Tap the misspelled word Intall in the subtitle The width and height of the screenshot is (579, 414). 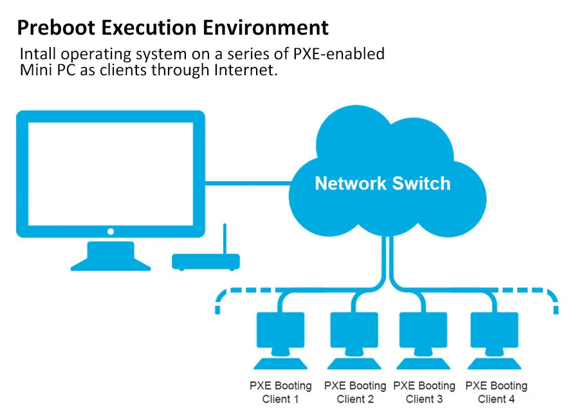(38, 54)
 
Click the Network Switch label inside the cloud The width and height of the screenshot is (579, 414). (382, 184)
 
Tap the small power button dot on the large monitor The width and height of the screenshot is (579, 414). (111, 231)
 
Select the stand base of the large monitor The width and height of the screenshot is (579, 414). (111, 260)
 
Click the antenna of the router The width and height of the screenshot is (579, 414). (225, 238)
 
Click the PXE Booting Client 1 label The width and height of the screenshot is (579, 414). (280, 392)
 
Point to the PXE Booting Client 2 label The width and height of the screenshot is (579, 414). (354, 392)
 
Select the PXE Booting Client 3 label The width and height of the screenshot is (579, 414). (424, 392)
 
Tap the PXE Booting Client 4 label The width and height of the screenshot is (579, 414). (496, 392)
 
